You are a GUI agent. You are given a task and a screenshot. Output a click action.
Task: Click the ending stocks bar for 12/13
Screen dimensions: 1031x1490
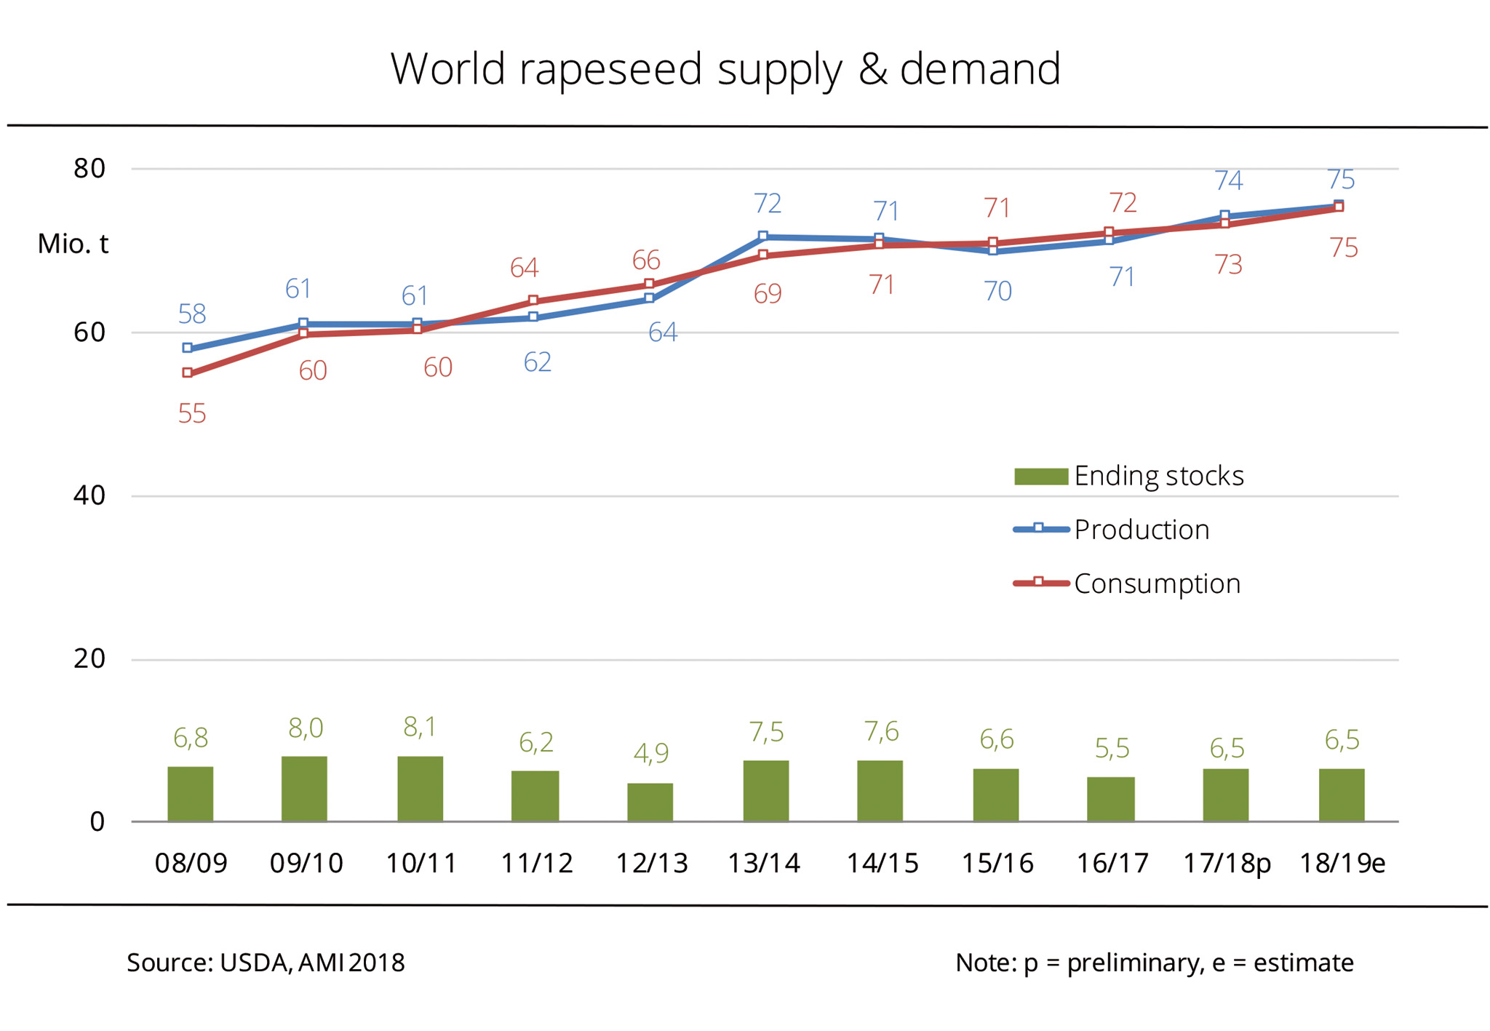pos(650,802)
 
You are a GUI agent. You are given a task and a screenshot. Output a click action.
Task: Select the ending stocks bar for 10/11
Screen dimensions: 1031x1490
pos(420,789)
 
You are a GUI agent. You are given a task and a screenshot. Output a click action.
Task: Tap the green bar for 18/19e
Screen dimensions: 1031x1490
pos(1341,795)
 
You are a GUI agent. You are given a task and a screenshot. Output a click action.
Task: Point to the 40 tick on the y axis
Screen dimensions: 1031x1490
pos(89,495)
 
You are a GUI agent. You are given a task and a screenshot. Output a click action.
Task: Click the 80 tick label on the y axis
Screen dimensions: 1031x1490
pos(89,169)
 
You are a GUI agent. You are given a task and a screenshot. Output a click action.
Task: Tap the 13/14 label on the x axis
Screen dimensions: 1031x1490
pos(764,863)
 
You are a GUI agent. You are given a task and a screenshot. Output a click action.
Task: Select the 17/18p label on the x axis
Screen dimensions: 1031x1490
pos(1227,863)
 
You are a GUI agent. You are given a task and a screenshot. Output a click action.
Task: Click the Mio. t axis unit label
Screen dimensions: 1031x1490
pos(73,244)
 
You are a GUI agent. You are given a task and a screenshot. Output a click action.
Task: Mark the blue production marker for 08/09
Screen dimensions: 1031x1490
pos(188,349)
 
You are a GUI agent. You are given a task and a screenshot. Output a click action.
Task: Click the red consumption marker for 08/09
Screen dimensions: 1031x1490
pos(188,373)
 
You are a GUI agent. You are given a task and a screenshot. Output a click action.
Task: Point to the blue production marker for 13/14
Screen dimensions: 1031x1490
pos(762,236)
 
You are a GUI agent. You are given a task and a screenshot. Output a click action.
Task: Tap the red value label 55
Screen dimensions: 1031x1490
pos(192,414)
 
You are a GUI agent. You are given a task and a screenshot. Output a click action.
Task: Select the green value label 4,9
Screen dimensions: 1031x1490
pos(650,753)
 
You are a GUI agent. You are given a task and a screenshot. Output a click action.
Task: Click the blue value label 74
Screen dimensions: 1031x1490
pos(1228,180)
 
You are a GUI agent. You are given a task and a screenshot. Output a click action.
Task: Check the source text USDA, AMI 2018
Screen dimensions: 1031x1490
pos(312,963)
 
